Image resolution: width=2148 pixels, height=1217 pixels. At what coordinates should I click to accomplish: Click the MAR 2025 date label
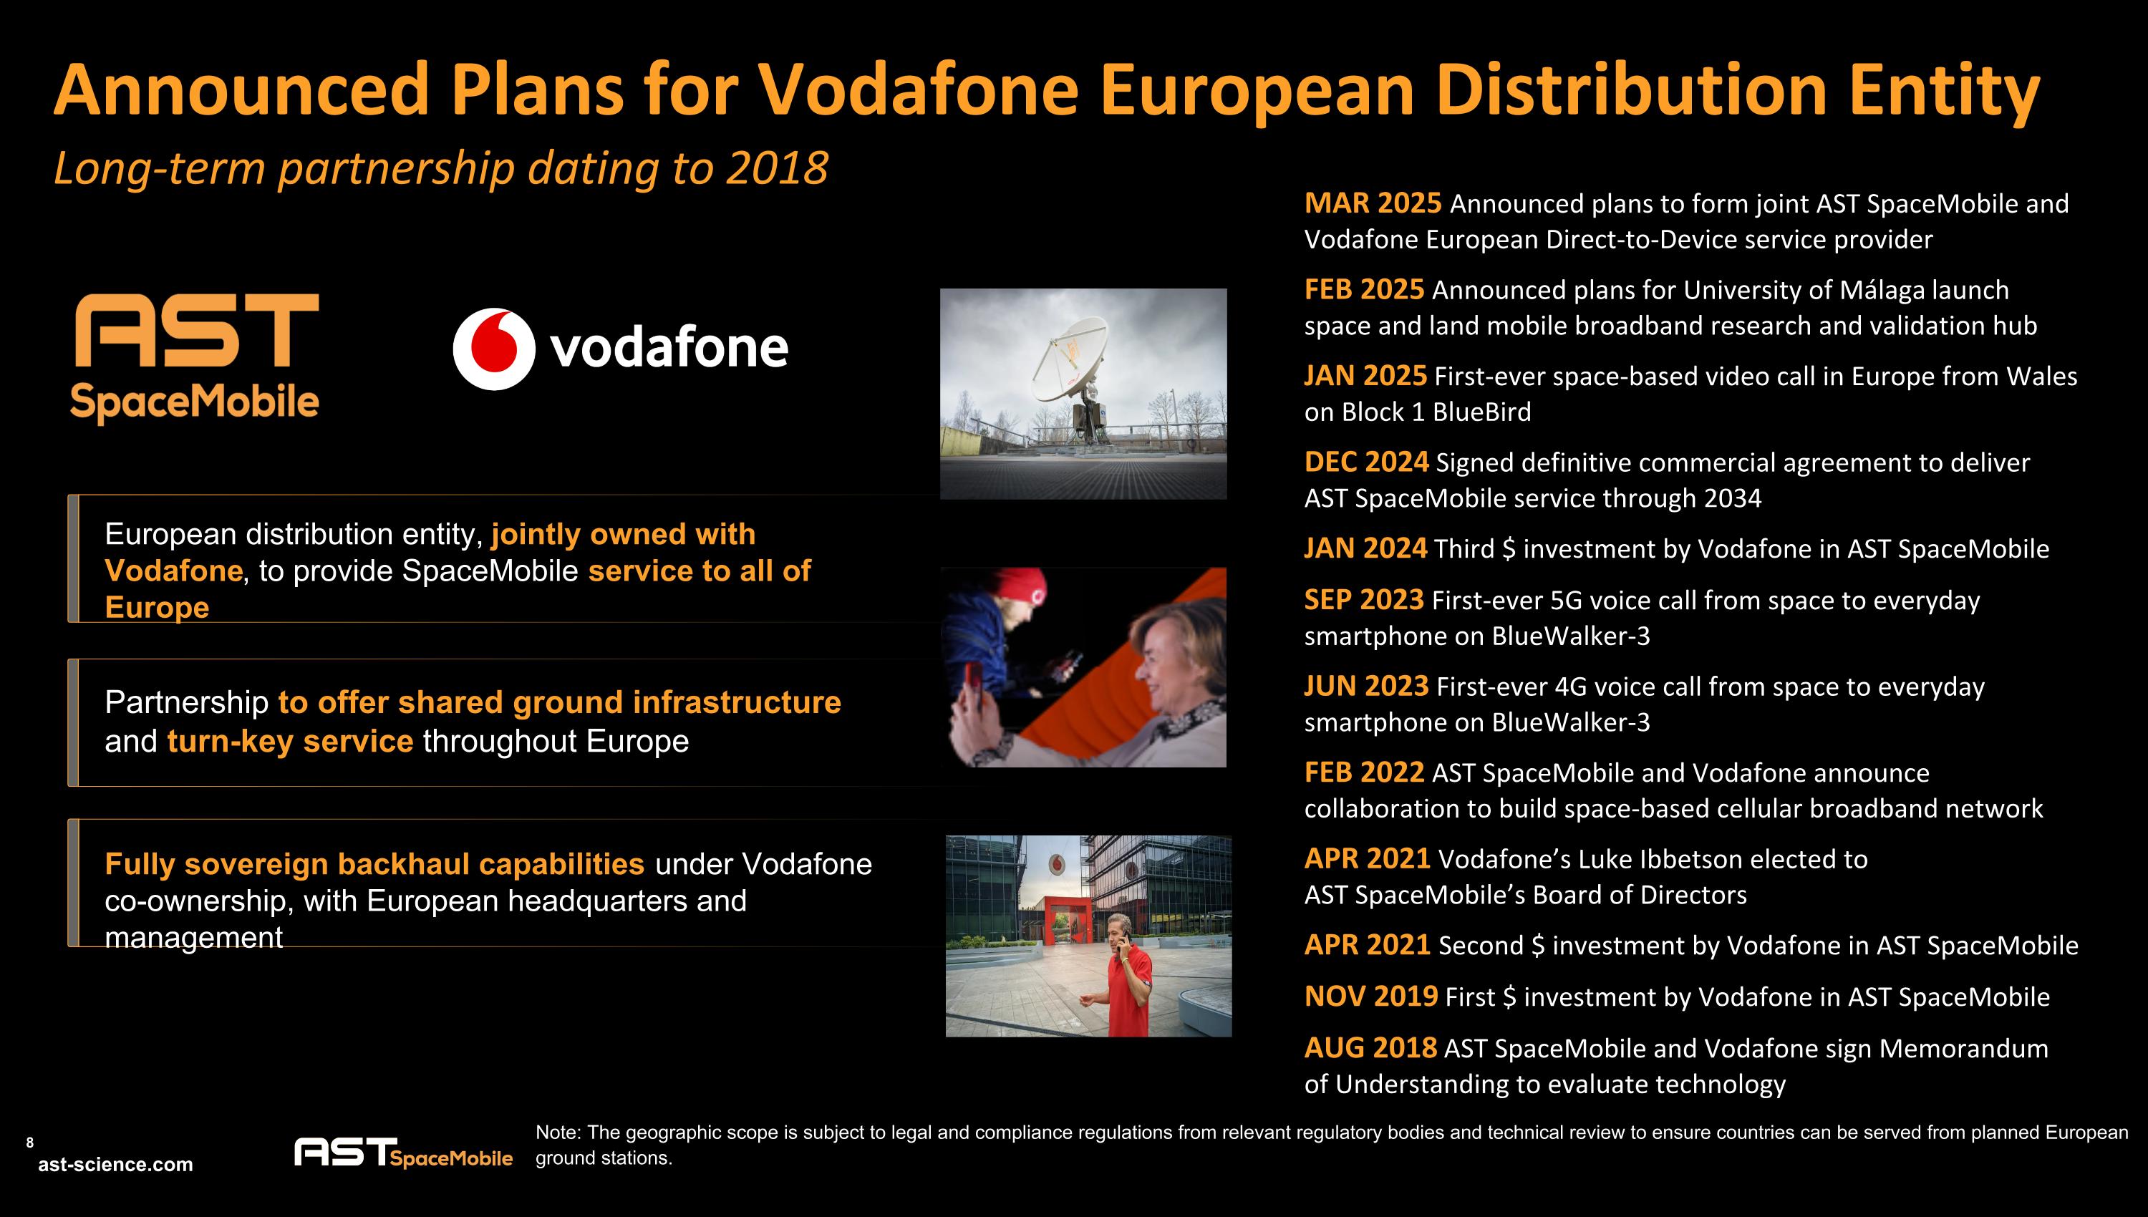click(x=1373, y=203)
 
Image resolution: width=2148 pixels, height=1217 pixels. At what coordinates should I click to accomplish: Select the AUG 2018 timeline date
click(x=1370, y=1047)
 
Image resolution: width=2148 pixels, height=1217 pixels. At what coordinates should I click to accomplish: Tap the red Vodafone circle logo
click(x=494, y=349)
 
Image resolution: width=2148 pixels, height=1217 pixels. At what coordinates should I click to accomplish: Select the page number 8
click(x=30, y=1143)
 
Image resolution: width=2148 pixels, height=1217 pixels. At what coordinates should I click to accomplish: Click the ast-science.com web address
click(x=115, y=1164)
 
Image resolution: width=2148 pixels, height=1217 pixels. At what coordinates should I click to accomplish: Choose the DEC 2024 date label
click(x=1365, y=462)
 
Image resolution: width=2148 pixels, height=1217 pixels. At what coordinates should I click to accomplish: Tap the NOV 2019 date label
click(x=1370, y=997)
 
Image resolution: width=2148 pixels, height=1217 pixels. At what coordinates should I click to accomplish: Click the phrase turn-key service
click(x=290, y=742)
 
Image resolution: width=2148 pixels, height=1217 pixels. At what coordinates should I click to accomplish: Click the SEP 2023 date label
click(x=1363, y=600)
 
